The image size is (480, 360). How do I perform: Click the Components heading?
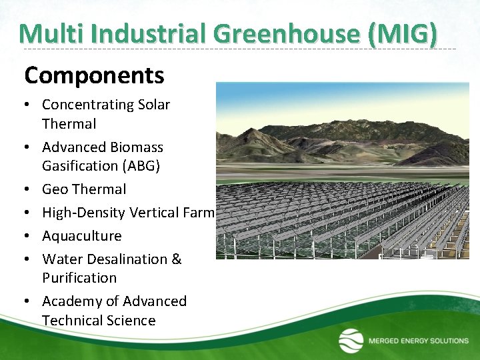click(x=94, y=76)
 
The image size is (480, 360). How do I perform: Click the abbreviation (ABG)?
click(x=137, y=165)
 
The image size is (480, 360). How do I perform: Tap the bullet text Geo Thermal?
click(x=83, y=189)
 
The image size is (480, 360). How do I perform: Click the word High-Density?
click(x=83, y=213)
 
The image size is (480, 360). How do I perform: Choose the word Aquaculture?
click(x=81, y=236)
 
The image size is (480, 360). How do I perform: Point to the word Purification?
click(x=79, y=277)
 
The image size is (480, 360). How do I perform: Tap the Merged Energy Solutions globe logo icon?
click(x=351, y=341)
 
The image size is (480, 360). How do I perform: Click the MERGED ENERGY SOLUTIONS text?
click(x=419, y=341)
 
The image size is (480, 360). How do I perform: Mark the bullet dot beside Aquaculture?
click(x=29, y=237)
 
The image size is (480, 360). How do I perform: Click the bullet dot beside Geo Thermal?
click(x=29, y=190)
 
